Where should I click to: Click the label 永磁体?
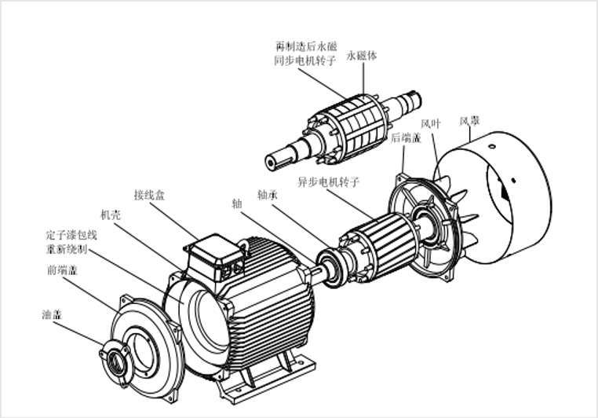coord(362,56)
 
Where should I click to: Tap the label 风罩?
coord(469,121)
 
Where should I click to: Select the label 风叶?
coord(431,123)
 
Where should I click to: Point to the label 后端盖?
coord(406,137)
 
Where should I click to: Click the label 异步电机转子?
coord(328,181)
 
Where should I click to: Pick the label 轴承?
coord(268,195)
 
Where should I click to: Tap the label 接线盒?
coord(149,195)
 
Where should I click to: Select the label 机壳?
coord(111,215)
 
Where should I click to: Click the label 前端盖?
coord(63,270)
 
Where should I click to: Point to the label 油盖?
coord(52,315)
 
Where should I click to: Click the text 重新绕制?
coord(67,249)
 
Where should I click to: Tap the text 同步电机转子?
coord(305,60)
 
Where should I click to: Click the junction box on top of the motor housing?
coord(214,256)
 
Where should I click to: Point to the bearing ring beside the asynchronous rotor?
coord(330,266)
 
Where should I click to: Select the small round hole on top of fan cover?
coord(492,146)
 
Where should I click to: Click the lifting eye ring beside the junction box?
coord(244,247)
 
